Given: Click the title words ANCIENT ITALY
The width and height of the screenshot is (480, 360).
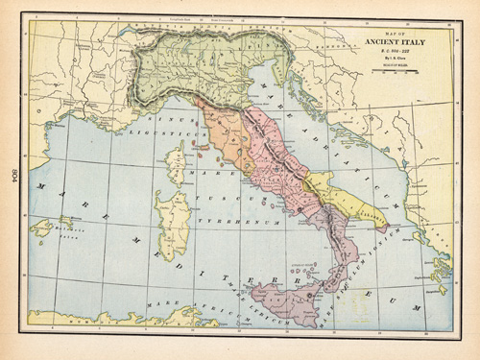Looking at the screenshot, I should pyautogui.click(x=396, y=41).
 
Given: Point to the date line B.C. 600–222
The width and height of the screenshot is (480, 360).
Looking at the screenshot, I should pyautogui.click(x=395, y=51).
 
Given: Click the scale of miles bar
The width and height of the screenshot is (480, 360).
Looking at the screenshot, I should pyautogui.click(x=396, y=72).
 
